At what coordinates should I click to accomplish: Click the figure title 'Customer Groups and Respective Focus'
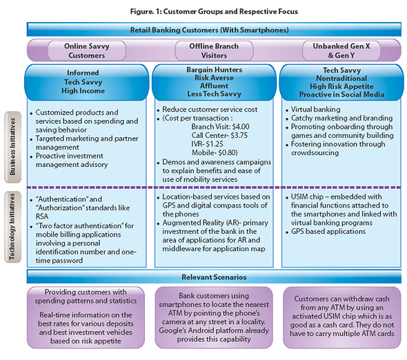pos(230,12)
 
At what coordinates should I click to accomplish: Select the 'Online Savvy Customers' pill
pos(87,50)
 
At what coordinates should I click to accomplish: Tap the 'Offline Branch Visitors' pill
pos(214,50)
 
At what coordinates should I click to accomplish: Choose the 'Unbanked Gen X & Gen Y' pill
pos(341,50)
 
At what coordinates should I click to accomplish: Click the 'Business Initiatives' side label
pos(12,147)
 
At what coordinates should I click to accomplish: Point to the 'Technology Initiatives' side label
pos(12,227)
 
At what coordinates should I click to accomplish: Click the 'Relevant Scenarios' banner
pos(214,277)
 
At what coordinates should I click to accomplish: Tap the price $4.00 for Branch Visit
pos(241,127)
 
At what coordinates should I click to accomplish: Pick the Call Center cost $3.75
pos(239,135)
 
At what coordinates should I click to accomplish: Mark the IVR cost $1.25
pos(215,143)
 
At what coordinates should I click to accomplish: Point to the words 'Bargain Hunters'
pos(214,70)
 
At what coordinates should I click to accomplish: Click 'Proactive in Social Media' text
pos(341,94)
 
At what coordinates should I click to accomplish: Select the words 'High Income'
pos(83,90)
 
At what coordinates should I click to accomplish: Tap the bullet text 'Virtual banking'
pos(316,109)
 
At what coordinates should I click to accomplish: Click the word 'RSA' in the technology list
pos(42,217)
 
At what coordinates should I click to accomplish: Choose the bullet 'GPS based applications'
pos(328,231)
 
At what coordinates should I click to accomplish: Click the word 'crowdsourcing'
pos(315,152)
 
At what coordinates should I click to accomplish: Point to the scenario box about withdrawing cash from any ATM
pos(342,317)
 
